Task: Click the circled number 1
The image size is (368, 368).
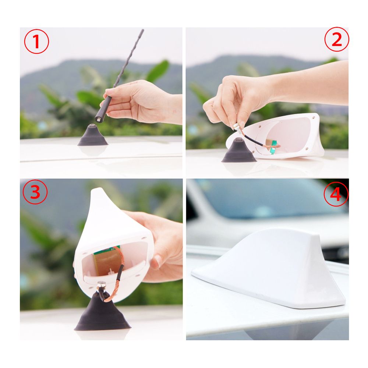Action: (36, 42)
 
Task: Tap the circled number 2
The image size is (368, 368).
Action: (337, 39)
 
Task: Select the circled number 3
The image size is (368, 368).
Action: (35, 192)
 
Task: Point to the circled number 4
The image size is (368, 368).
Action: (336, 194)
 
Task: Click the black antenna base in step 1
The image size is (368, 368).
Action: (93, 136)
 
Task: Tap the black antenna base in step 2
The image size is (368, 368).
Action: (239, 151)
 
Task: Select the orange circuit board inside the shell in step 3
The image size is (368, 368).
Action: (106, 261)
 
